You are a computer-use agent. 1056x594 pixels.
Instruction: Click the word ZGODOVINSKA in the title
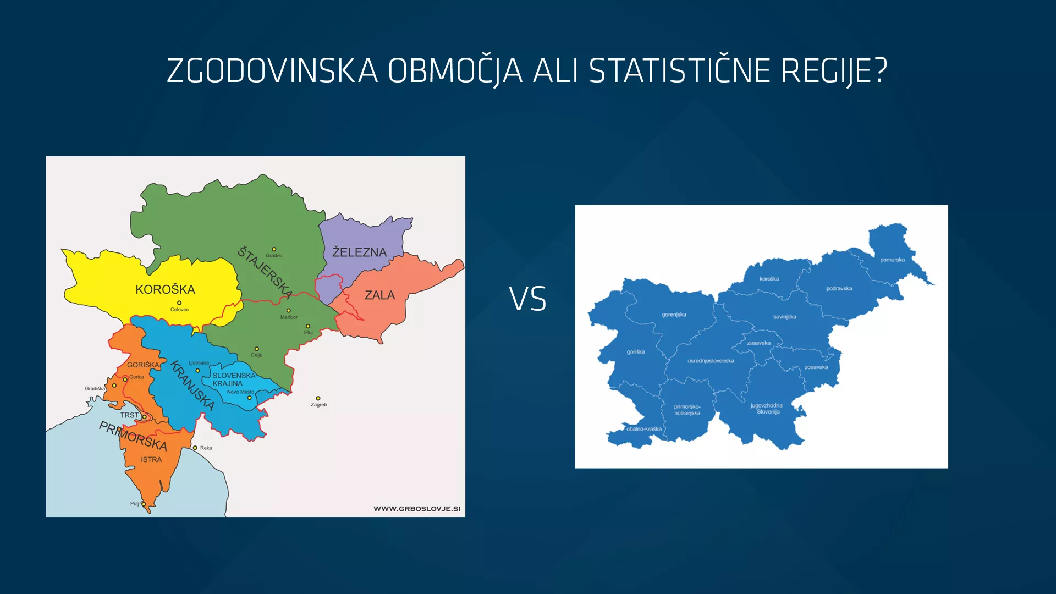pyautogui.click(x=272, y=71)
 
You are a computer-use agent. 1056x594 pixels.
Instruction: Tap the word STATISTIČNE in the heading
pyautogui.click(x=680, y=71)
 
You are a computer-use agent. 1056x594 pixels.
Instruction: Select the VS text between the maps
pyautogui.click(x=527, y=299)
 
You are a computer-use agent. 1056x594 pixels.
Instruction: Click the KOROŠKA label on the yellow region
pyautogui.click(x=165, y=289)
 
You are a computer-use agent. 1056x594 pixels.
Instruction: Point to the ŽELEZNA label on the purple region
pyautogui.click(x=359, y=252)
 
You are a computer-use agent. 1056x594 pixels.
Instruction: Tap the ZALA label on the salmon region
pyautogui.click(x=380, y=295)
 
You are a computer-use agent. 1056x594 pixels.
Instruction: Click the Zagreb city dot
pyautogui.click(x=318, y=398)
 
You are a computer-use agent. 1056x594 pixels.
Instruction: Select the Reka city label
pyautogui.click(x=206, y=448)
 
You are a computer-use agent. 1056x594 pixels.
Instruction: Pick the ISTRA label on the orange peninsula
pyautogui.click(x=151, y=460)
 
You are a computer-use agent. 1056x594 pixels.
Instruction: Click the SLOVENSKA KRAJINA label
pyautogui.click(x=233, y=380)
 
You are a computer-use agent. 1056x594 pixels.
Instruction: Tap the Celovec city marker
pyautogui.click(x=179, y=303)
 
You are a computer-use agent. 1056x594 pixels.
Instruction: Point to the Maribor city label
pyautogui.click(x=289, y=317)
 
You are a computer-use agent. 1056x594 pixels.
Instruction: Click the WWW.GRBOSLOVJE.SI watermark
pyautogui.click(x=417, y=509)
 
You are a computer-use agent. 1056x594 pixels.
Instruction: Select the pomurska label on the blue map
pyautogui.click(x=892, y=260)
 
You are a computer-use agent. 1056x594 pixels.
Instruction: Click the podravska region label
pyautogui.click(x=839, y=289)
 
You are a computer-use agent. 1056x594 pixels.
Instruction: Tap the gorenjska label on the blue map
pyautogui.click(x=674, y=315)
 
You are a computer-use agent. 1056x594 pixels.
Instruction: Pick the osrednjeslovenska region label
pyautogui.click(x=711, y=361)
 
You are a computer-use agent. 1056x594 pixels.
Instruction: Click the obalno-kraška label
pyautogui.click(x=644, y=429)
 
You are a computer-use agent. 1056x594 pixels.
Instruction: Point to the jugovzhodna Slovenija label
pyautogui.click(x=767, y=409)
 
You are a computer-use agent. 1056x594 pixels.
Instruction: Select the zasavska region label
pyautogui.click(x=758, y=343)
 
